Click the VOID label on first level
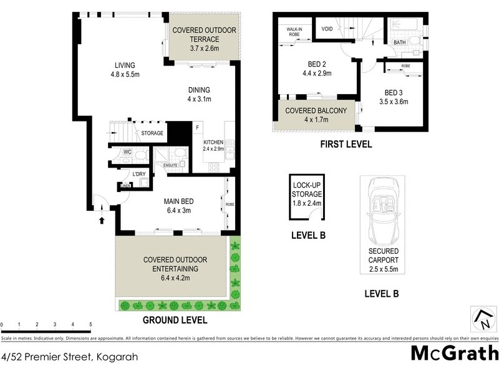[327, 28]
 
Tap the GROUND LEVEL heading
[175, 320]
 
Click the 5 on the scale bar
[91, 325]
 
